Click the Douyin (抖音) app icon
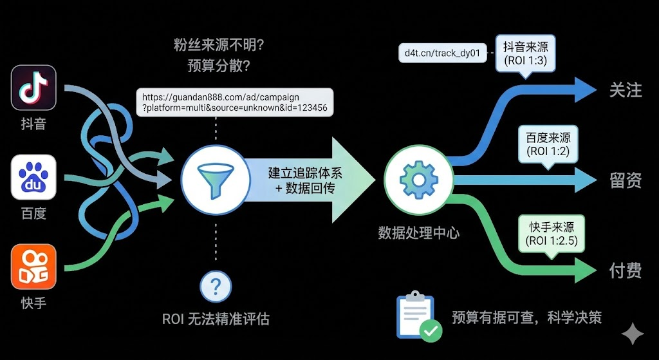33,88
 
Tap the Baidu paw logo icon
33,177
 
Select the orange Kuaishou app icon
33,267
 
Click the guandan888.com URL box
235,102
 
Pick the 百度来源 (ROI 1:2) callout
548,145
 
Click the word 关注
625,90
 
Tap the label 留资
625,181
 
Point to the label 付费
625,270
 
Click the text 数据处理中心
418,232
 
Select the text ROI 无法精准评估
216,319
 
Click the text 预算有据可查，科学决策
526,317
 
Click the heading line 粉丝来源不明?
216,45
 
